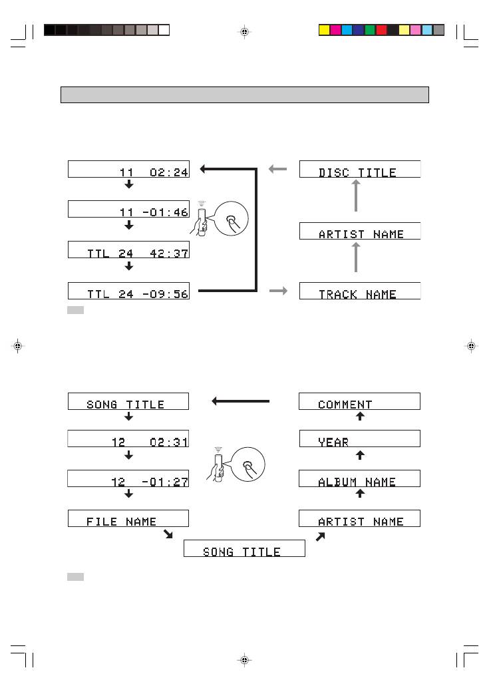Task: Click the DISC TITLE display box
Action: (360, 169)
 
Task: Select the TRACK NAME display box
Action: (360, 291)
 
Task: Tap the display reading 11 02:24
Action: (128, 169)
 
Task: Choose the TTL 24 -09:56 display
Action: (128, 291)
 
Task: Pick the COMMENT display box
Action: (360, 401)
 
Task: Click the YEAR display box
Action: (360, 438)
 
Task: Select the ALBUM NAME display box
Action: (360, 478)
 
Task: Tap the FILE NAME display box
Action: (128, 518)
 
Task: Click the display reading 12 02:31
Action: (128, 438)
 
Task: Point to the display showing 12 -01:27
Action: (128, 478)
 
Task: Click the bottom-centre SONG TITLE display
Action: (244, 548)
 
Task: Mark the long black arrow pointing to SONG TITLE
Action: (241, 401)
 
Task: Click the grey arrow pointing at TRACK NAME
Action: (278, 291)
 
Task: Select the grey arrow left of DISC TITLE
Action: (278, 169)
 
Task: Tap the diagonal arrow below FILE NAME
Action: (169, 534)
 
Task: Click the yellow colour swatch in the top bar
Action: (325, 30)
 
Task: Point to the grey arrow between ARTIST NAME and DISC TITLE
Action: (357, 197)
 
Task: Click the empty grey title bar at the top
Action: (244, 94)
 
